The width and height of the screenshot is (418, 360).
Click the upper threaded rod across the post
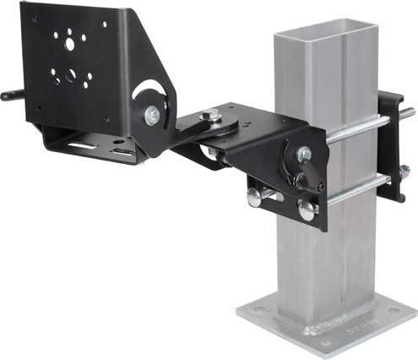(355, 127)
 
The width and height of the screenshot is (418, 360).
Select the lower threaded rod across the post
(355, 190)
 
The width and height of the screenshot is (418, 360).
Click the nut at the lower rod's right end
(403, 172)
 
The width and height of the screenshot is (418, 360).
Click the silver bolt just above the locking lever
(303, 154)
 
